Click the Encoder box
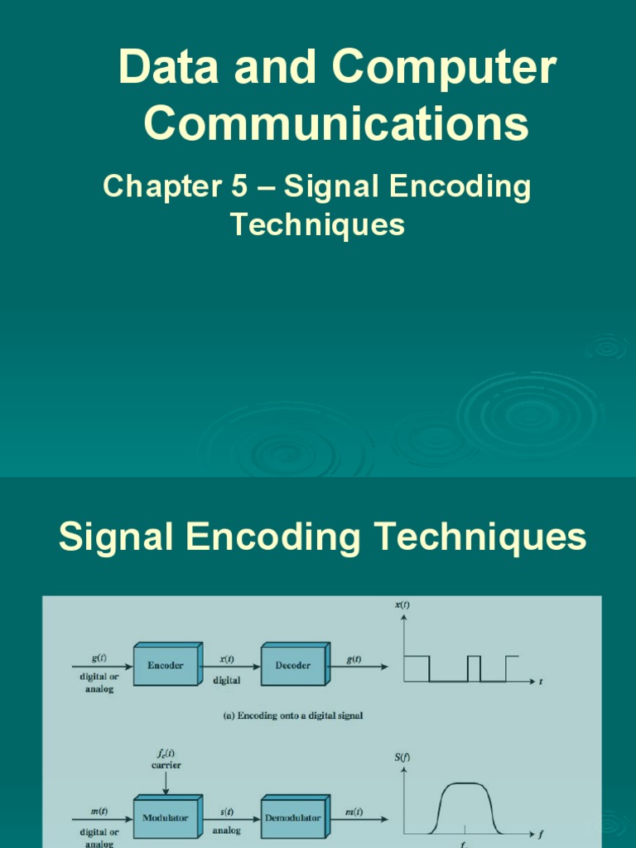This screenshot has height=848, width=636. coord(166,665)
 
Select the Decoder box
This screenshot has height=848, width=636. coord(294,665)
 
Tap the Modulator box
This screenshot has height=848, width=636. coord(166,817)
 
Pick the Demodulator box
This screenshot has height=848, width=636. coord(292,817)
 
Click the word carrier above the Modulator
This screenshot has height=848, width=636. coord(166,765)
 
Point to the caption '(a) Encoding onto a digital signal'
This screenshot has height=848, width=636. coord(293,716)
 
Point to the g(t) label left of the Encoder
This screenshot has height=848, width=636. coord(99,660)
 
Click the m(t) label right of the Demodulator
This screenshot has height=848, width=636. coord(354,812)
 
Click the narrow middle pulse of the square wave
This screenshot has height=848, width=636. coord(474,667)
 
